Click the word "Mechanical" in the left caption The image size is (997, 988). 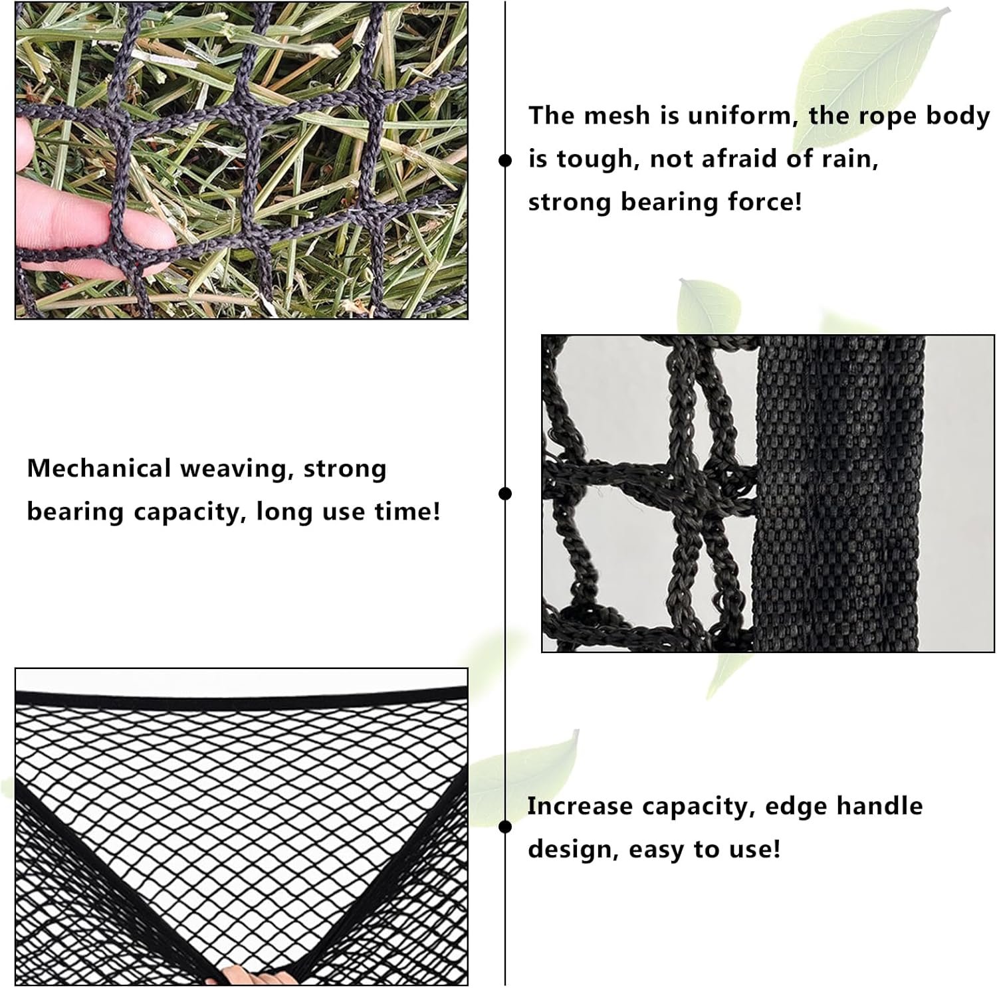point(99,468)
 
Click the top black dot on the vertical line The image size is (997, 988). point(505,160)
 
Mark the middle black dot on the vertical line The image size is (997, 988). point(505,493)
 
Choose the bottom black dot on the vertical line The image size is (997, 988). point(505,827)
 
